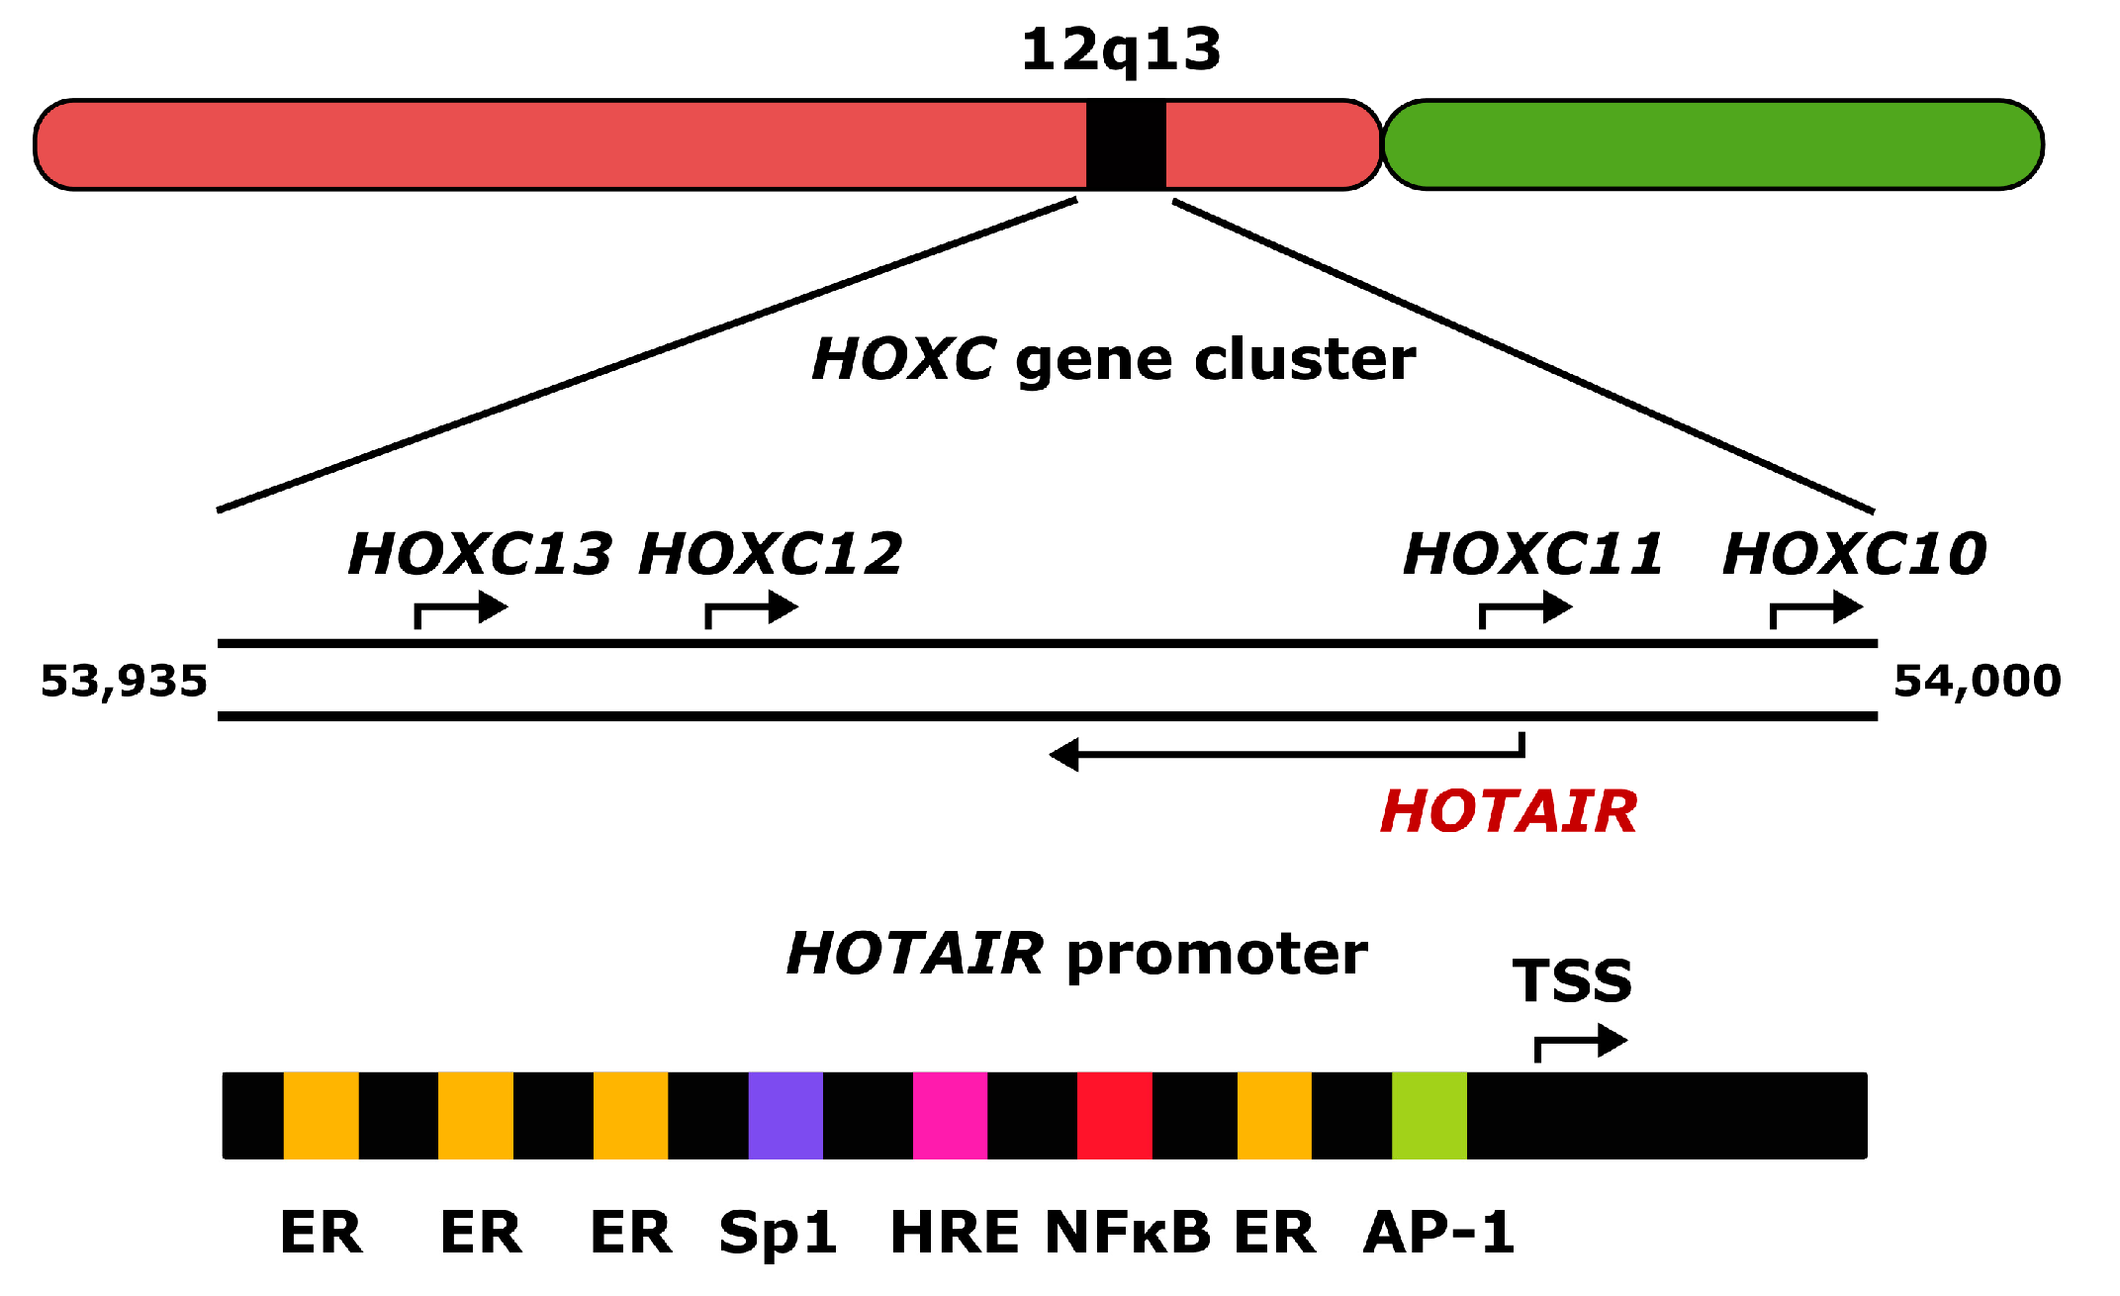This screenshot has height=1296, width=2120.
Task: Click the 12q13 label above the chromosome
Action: pyautogui.click(x=1121, y=49)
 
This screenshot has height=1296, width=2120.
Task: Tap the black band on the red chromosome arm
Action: pyautogui.click(x=1126, y=144)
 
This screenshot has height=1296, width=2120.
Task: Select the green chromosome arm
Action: pyautogui.click(x=1712, y=144)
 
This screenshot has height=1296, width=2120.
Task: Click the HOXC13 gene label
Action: pyautogui.click(x=480, y=553)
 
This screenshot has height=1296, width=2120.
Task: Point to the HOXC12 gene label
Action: pyautogui.click(x=770, y=553)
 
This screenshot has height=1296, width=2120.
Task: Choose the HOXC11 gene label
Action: pyautogui.click(x=1532, y=553)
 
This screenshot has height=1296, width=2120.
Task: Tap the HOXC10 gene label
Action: pyautogui.click(x=1854, y=553)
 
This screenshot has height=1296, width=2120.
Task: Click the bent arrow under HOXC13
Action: pyautogui.click(x=461, y=609)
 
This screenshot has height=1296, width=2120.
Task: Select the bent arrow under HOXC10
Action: pyautogui.click(x=1816, y=609)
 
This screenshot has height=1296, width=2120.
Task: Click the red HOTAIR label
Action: pyautogui.click(x=1509, y=812)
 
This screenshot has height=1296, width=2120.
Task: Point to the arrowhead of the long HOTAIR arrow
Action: pyautogui.click(x=1064, y=755)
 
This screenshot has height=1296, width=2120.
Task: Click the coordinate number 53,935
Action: pyautogui.click(x=124, y=682)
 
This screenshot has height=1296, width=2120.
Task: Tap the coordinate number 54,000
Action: pyautogui.click(x=1977, y=682)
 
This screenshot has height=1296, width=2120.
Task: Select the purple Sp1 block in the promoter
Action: pyautogui.click(x=785, y=1115)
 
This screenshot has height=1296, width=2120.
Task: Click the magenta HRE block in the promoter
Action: pyautogui.click(x=950, y=1115)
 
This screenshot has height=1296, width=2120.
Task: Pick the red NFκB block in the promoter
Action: pyautogui.click(x=1115, y=1115)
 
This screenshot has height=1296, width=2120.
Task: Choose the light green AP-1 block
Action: pyautogui.click(x=1429, y=1115)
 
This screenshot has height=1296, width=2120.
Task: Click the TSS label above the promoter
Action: pyautogui.click(x=1572, y=981)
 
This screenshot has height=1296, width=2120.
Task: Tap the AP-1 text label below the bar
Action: pyautogui.click(x=1438, y=1233)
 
